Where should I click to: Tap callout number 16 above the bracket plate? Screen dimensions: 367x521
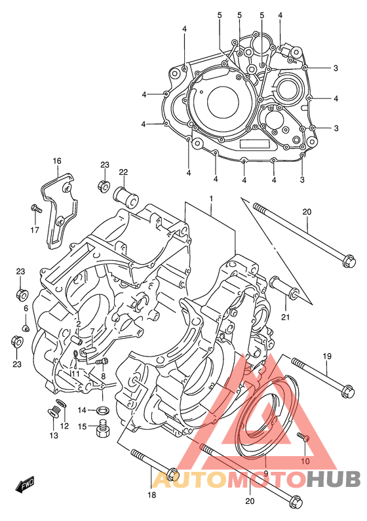(x=57, y=161)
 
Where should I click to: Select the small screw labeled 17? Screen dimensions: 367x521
(x=36, y=208)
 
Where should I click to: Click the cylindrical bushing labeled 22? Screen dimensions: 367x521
(x=126, y=198)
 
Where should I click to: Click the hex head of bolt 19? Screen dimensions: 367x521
(x=348, y=391)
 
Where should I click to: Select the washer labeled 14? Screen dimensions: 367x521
(x=102, y=411)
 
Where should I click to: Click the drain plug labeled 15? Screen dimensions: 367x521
(x=102, y=429)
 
